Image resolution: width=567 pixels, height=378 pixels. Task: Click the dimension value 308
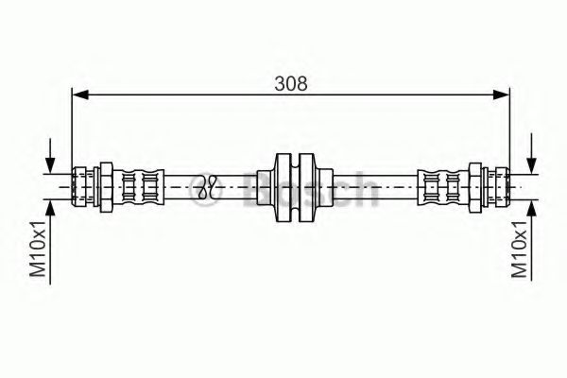pyautogui.click(x=291, y=82)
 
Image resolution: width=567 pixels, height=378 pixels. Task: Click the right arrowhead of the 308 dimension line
pyautogui.click(x=503, y=94)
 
